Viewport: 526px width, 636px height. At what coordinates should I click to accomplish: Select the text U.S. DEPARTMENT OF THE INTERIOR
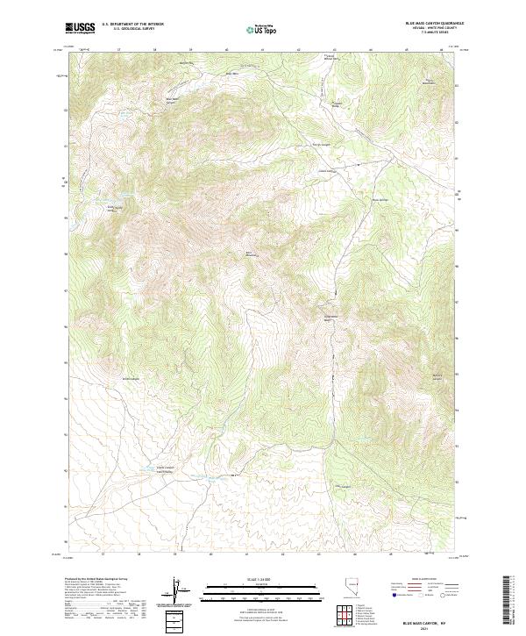[x=132, y=24]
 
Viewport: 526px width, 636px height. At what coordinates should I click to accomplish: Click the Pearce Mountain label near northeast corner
[x=430, y=82]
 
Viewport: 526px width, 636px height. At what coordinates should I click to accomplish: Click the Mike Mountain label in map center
[x=251, y=255]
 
